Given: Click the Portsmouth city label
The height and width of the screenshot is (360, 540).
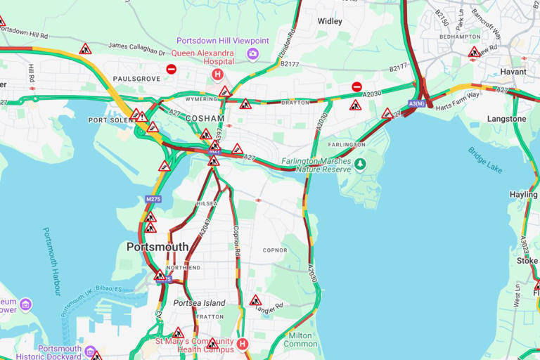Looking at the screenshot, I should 157,247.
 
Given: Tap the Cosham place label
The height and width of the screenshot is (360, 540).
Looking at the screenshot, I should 205,119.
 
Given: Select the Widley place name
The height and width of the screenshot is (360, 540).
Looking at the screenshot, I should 330,22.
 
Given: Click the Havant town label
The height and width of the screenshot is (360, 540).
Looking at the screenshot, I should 513,72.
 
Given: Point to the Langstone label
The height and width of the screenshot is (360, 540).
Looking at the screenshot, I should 506,119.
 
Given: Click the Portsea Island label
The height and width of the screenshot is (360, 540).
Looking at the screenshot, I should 200,303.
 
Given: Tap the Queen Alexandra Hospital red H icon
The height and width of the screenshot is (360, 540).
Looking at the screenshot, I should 217,74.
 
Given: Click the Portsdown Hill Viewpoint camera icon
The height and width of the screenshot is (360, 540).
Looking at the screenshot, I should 253,53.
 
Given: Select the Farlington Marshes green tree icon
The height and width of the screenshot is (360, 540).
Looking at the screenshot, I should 360,164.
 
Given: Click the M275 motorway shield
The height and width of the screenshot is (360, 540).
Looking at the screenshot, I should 153,199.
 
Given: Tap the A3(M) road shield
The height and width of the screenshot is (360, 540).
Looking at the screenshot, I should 416,104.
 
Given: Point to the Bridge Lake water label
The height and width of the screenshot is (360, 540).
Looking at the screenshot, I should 484,160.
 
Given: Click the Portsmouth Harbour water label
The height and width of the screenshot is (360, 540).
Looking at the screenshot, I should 53,261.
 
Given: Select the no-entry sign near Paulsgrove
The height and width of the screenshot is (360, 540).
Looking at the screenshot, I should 171,69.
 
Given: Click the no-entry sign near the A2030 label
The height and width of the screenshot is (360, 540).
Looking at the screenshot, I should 356,86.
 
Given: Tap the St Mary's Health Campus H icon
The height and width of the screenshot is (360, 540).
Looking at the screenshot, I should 242,344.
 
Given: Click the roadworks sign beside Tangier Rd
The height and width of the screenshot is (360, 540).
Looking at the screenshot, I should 255,300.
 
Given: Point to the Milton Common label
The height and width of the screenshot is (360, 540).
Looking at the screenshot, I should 300,340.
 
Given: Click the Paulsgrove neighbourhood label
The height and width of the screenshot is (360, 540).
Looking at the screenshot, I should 136,79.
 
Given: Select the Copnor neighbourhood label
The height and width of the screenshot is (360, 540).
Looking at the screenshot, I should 275,250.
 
